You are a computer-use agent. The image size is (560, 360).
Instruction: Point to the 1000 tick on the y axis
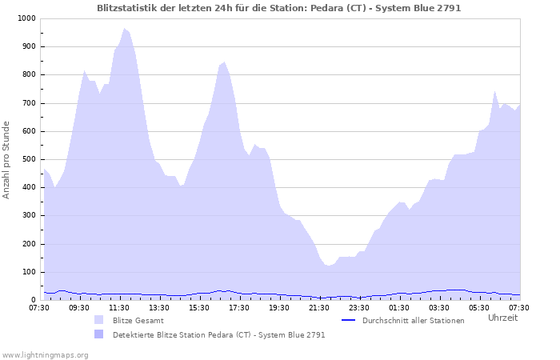coord(26,18)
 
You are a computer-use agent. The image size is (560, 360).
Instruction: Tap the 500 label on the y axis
coord(28,159)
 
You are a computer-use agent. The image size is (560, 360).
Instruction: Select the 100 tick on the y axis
coord(28,272)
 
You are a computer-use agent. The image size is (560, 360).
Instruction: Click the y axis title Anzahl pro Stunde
coord(7,159)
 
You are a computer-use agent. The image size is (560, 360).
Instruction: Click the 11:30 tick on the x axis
coord(119,307)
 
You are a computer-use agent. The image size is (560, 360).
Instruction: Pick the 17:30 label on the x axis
coord(239,307)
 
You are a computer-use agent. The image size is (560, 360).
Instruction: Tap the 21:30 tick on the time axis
coord(319,307)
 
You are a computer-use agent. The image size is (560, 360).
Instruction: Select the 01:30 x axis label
coord(399,307)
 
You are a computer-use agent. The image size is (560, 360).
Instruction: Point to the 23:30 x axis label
coord(359,307)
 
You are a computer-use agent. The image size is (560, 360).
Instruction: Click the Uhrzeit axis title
coord(502,318)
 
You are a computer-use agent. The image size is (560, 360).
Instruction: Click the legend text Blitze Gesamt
coord(138,320)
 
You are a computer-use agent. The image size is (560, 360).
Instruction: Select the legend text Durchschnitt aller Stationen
coord(413,320)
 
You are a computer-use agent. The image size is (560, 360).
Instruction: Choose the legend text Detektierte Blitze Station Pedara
coord(218,334)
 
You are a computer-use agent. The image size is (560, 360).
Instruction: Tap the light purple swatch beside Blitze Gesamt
coord(99,320)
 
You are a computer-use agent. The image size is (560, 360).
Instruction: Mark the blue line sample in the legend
coord(348,320)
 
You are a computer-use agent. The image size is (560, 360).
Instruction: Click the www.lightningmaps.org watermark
coord(45,354)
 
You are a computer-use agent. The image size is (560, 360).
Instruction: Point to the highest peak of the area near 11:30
coord(124,28)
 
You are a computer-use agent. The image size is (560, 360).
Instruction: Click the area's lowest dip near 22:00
coord(329,266)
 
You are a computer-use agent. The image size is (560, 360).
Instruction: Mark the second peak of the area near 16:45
coord(224,62)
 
